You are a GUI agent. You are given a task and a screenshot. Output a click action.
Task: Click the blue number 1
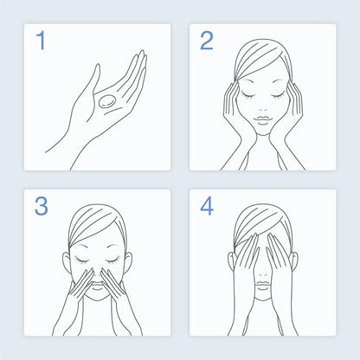click(41, 41)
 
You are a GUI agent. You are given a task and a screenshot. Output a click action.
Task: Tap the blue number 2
click(207, 41)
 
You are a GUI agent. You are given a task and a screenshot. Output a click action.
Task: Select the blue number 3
click(42, 206)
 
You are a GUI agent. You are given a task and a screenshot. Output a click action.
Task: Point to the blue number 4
click(207, 206)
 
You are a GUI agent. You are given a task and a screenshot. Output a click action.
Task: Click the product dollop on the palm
click(107, 102)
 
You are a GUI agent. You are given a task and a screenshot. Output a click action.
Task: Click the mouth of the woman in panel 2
click(262, 119)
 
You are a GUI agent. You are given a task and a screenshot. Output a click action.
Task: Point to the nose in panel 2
click(263, 110)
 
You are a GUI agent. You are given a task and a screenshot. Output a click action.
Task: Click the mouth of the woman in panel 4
click(263, 286)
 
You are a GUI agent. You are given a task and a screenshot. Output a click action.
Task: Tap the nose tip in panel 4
click(263, 275)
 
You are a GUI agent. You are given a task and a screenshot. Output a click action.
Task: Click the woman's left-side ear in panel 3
click(66, 262)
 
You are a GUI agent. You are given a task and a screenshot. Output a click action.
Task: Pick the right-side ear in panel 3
click(129, 262)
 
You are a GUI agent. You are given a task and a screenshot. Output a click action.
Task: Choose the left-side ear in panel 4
click(231, 261)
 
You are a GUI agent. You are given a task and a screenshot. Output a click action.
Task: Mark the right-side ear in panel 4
click(294, 261)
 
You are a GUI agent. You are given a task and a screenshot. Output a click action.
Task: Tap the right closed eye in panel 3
click(112, 260)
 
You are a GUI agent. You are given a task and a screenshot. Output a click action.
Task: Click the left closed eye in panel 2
click(247, 94)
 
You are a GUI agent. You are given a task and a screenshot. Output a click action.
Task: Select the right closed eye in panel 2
click(278, 94)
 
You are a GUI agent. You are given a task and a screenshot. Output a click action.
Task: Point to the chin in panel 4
click(263, 297)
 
